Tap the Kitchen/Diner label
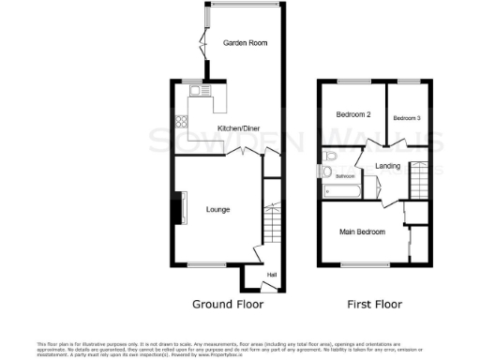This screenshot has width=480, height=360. tap(238, 128)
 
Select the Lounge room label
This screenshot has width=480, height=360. tap(218, 209)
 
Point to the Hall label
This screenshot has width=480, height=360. tap(272, 274)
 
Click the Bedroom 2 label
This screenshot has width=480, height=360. tap(354, 114)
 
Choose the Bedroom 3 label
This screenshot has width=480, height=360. tap(407, 118)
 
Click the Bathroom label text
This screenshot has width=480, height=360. tap(346, 176)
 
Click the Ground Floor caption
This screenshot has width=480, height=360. tap(228, 305)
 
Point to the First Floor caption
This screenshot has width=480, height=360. tap(375, 305)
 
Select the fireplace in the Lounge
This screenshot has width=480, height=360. tap(175, 208)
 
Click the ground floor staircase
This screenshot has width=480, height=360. tap(272, 225)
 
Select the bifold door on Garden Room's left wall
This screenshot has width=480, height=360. tap(202, 41)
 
